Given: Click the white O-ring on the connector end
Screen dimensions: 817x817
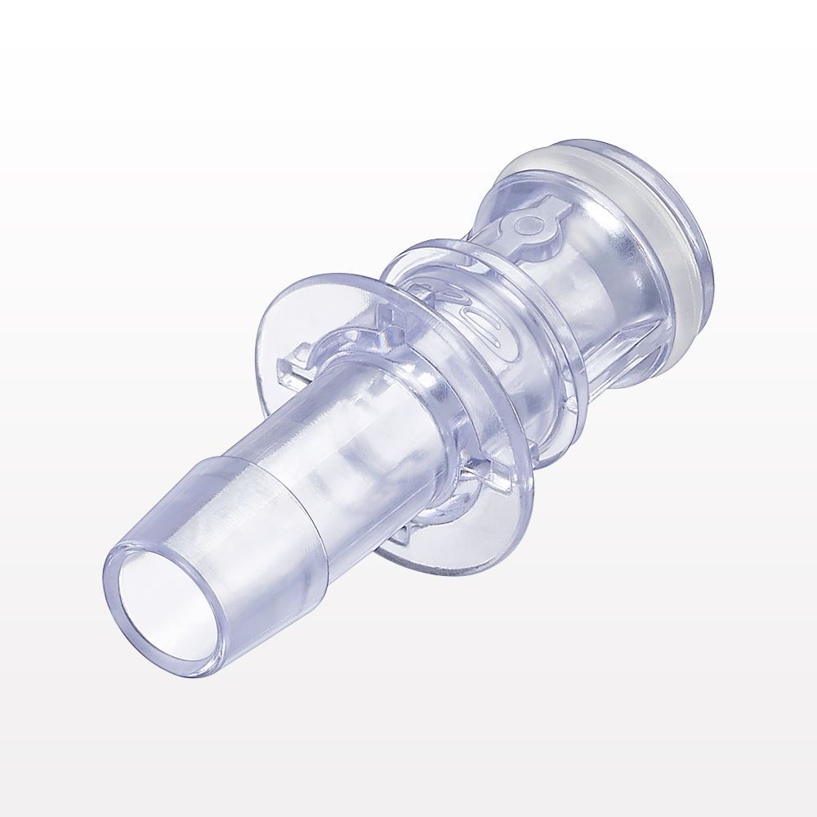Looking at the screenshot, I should click(x=605, y=196).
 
